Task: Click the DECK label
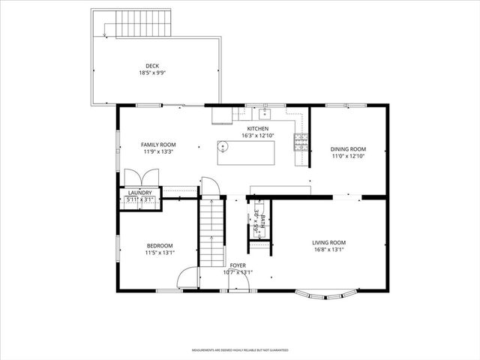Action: coord(152,66)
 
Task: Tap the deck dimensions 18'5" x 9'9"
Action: coord(152,73)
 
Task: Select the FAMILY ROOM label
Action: coord(158,144)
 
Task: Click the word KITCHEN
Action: coord(257,128)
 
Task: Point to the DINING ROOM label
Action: coord(349,148)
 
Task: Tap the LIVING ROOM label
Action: coord(328,242)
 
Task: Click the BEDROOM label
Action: coord(160,245)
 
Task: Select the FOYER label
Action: coord(238,265)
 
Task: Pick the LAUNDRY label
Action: coord(139,193)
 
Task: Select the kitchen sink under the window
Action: coord(264,114)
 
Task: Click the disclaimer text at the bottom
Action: coord(240,350)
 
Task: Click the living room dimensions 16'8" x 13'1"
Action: coord(328,250)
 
